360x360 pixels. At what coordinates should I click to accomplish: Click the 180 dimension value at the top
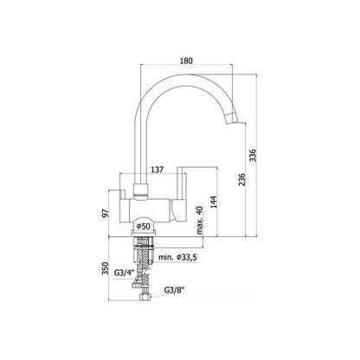tap(186, 61)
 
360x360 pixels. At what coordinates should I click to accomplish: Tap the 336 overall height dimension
tap(253, 156)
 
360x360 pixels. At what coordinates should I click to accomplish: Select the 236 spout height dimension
tap(241, 179)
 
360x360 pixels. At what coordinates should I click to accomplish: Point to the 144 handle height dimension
tap(213, 202)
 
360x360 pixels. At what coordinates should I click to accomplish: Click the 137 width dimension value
tap(156, 170)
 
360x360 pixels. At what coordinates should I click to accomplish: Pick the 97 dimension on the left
tap(106, 213)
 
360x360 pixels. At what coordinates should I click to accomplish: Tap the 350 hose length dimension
tap(105, 268)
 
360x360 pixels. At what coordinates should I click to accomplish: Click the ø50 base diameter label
tap(144, 227)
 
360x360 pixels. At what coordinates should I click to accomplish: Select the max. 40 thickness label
tap(200, 220)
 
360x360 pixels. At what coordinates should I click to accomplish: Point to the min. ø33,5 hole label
tap(177, 257)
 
